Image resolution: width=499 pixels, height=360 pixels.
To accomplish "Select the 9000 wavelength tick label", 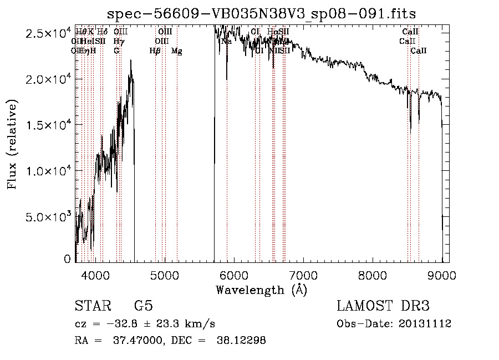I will [442, 275].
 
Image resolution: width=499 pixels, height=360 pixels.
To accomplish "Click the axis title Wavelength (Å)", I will [261, 290].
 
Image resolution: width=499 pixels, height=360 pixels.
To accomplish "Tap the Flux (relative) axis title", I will [12, 144].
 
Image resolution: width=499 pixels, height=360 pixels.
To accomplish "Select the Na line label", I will [226, 41].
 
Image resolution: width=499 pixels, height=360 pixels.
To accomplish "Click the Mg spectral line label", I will [177, 51].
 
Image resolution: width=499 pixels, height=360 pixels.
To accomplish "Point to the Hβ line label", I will [155, 51].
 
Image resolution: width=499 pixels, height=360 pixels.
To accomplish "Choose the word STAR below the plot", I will [91, 307].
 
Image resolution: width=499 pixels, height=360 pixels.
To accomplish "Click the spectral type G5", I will [144, 307].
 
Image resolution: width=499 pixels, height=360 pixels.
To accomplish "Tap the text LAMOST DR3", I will [383, 307].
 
